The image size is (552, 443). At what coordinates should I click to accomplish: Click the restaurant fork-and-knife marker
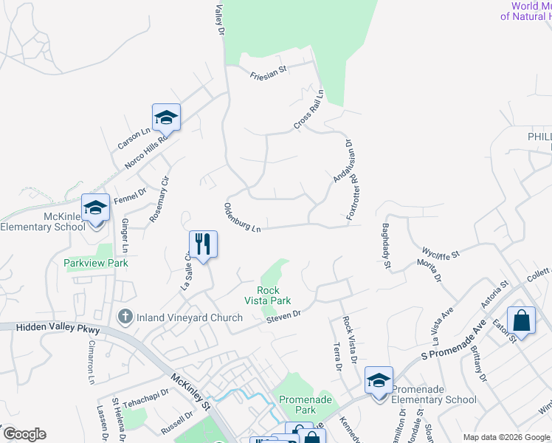pyautogui.click(x=203, y=244)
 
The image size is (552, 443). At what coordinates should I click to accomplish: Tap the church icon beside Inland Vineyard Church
pyautogui.click(x=125, y=317)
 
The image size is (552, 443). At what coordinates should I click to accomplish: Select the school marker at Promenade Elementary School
pyautogui.click(x=379, y=380)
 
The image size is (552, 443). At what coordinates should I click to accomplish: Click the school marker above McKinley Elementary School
pyautogui.click(x=95, y=207)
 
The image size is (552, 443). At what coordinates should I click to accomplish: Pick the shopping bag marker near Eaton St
pyautogui.click(x=521, y=320)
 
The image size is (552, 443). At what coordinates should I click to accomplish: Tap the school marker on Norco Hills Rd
pyautogui.click(x=167, y=117)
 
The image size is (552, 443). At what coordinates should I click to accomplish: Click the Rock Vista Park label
pyautogui.click(x=268, y=295)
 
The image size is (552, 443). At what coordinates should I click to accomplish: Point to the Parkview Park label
pyautogui.click(x=96, y=263)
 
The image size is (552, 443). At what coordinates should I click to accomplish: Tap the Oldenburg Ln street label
pyautogui.click(x=242, y=219)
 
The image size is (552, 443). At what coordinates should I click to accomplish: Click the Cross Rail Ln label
pyautogui.click(x=308, y=111)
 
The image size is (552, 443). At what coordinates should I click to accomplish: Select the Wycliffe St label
pyautogui.click(x=440, y=252)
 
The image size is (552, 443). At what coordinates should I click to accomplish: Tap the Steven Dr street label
pyautogui.click(x=284, y=315)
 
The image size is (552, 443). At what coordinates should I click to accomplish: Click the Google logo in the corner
pyautogui.click(x=24, y=434)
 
